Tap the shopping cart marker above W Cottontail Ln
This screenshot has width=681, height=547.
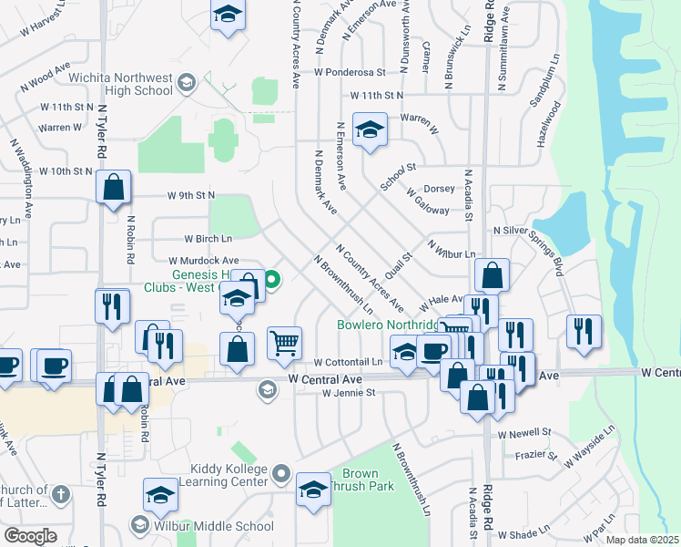click(x=285, y=344)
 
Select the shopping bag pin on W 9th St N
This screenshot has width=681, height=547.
click(x=115, y=189)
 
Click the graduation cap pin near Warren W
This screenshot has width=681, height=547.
click(x=370, y=131)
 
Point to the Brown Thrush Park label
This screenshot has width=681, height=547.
click(x=362, y=480)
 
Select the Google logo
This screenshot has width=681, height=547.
click(x=30, y=535)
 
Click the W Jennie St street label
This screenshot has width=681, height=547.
click(x=349, y=393)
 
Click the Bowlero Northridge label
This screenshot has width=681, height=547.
click(x=386, y=325)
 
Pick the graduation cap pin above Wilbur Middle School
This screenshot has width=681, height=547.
click(x=161, y=496)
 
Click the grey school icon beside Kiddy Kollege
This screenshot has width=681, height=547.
click(x=281, y=474)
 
